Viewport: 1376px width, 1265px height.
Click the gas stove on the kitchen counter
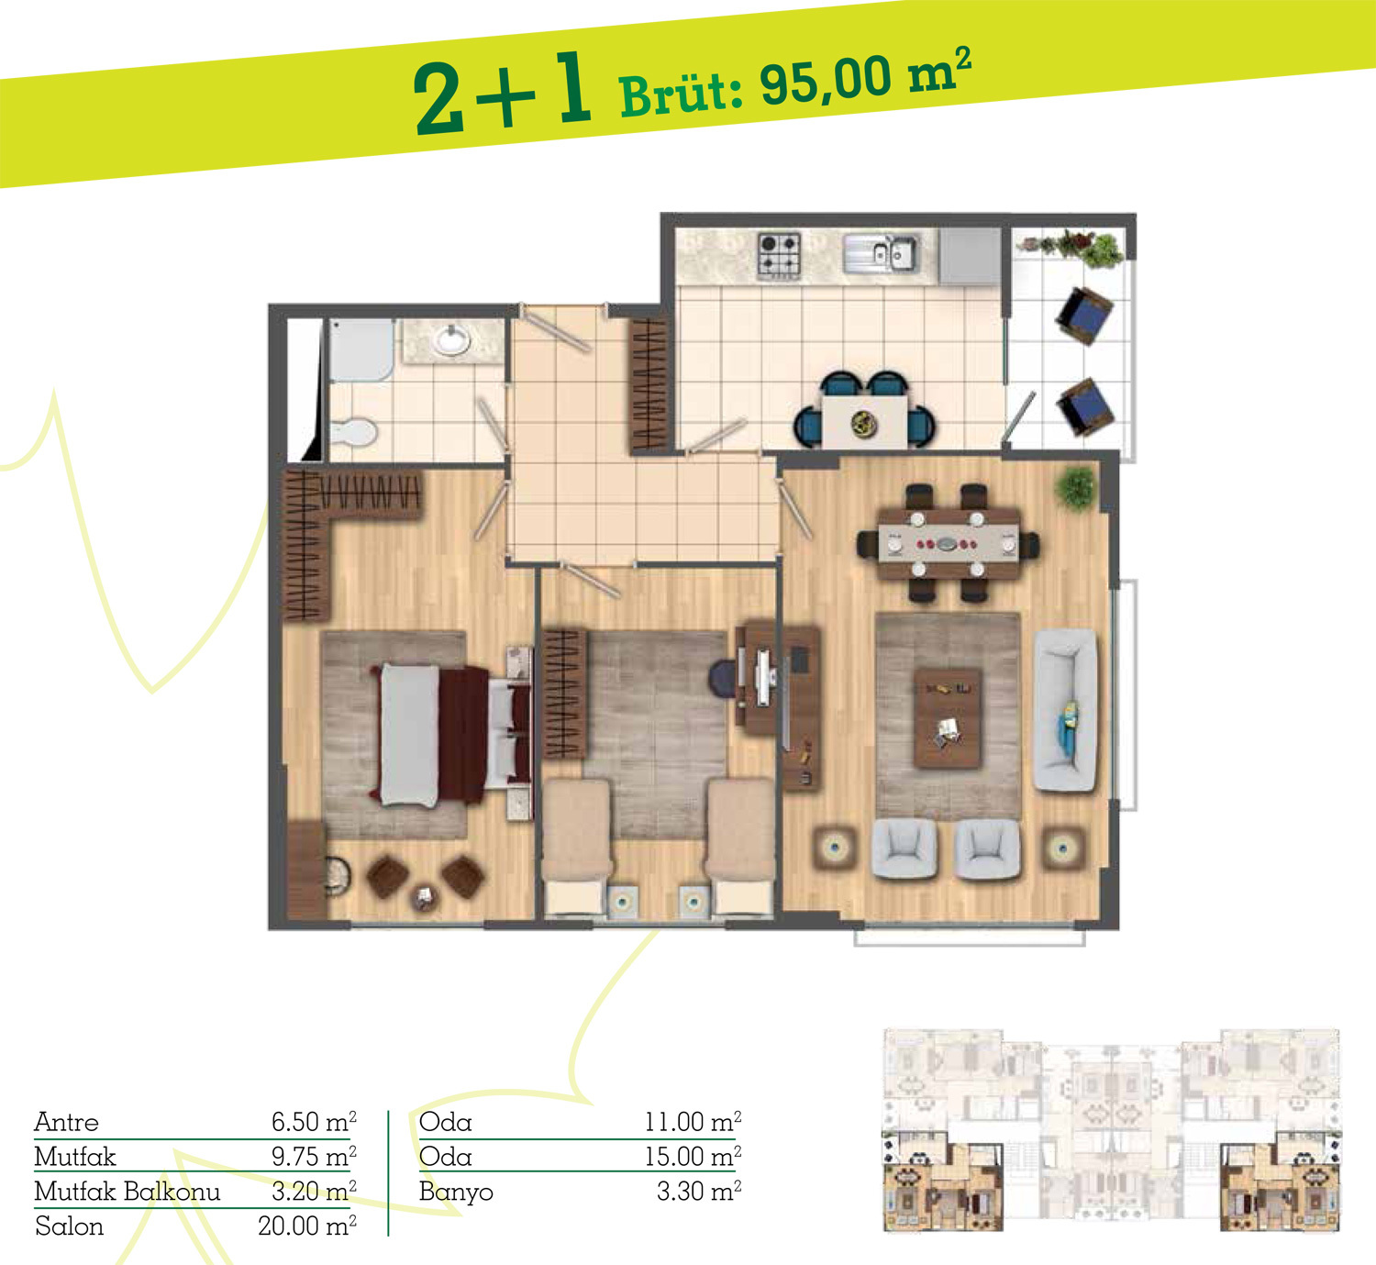point(779,256)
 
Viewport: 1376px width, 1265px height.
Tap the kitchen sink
point(881,254)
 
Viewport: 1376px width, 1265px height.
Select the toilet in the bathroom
point(354,432)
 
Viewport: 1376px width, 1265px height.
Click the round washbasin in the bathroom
point(453,339)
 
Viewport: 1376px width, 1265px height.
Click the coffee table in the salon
point(948,717)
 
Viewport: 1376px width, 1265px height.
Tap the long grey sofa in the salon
point(1065,710)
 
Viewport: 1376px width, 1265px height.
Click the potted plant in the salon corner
point(1076,488)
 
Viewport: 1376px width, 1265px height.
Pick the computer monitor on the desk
point(764,678)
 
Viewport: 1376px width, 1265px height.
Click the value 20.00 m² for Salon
point(307,1226)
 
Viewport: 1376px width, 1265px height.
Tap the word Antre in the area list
point(67,1122)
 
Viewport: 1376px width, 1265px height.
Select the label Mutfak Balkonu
point(128,1192)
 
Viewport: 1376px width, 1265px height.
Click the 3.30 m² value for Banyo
point(699,1192)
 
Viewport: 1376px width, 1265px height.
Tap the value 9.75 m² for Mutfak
point(314,1157)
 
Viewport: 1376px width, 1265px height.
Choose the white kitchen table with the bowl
point(865,422)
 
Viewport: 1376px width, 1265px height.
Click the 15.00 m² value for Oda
point(693,1157)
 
